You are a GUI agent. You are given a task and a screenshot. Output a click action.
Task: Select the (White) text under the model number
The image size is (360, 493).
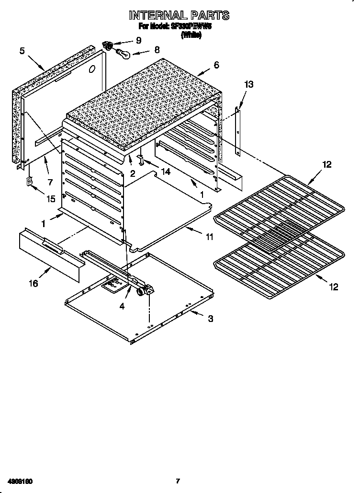(x=191, y=34)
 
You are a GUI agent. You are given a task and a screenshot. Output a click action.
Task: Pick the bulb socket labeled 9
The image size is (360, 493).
(x=109, y=46)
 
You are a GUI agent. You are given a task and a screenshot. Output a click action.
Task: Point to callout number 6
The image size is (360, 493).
(x=216, y=65)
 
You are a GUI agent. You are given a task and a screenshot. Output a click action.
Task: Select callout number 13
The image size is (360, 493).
(x=248, y=84)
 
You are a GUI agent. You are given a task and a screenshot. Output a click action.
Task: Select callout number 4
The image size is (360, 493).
(x=122, y=306)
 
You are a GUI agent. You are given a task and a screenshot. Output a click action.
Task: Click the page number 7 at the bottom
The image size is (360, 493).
(x=178, y=481)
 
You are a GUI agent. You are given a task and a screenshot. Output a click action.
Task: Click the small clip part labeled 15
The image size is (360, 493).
(x=29, y=182)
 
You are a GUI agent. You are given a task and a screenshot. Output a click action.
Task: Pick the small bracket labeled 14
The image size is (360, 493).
(x=141, y=158)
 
